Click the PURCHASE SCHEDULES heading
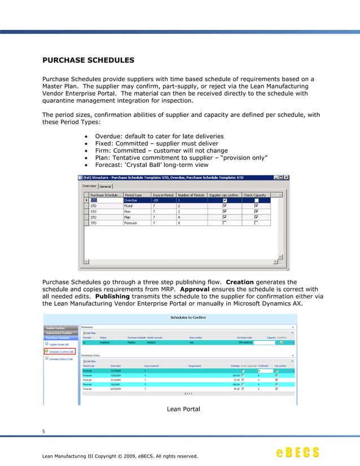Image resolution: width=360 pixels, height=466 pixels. (88, 59)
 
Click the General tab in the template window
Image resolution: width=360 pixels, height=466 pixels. (106, 187)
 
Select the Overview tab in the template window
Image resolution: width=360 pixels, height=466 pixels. (89, 187)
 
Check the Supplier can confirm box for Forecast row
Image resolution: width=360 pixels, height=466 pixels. (225, 223)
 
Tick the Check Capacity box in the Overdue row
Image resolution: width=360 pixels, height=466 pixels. (256, 200)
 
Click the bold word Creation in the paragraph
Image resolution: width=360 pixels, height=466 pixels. (240, 282)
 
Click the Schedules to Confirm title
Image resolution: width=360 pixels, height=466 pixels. (182, 318)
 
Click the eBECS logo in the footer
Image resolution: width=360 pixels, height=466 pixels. (297, 452)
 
